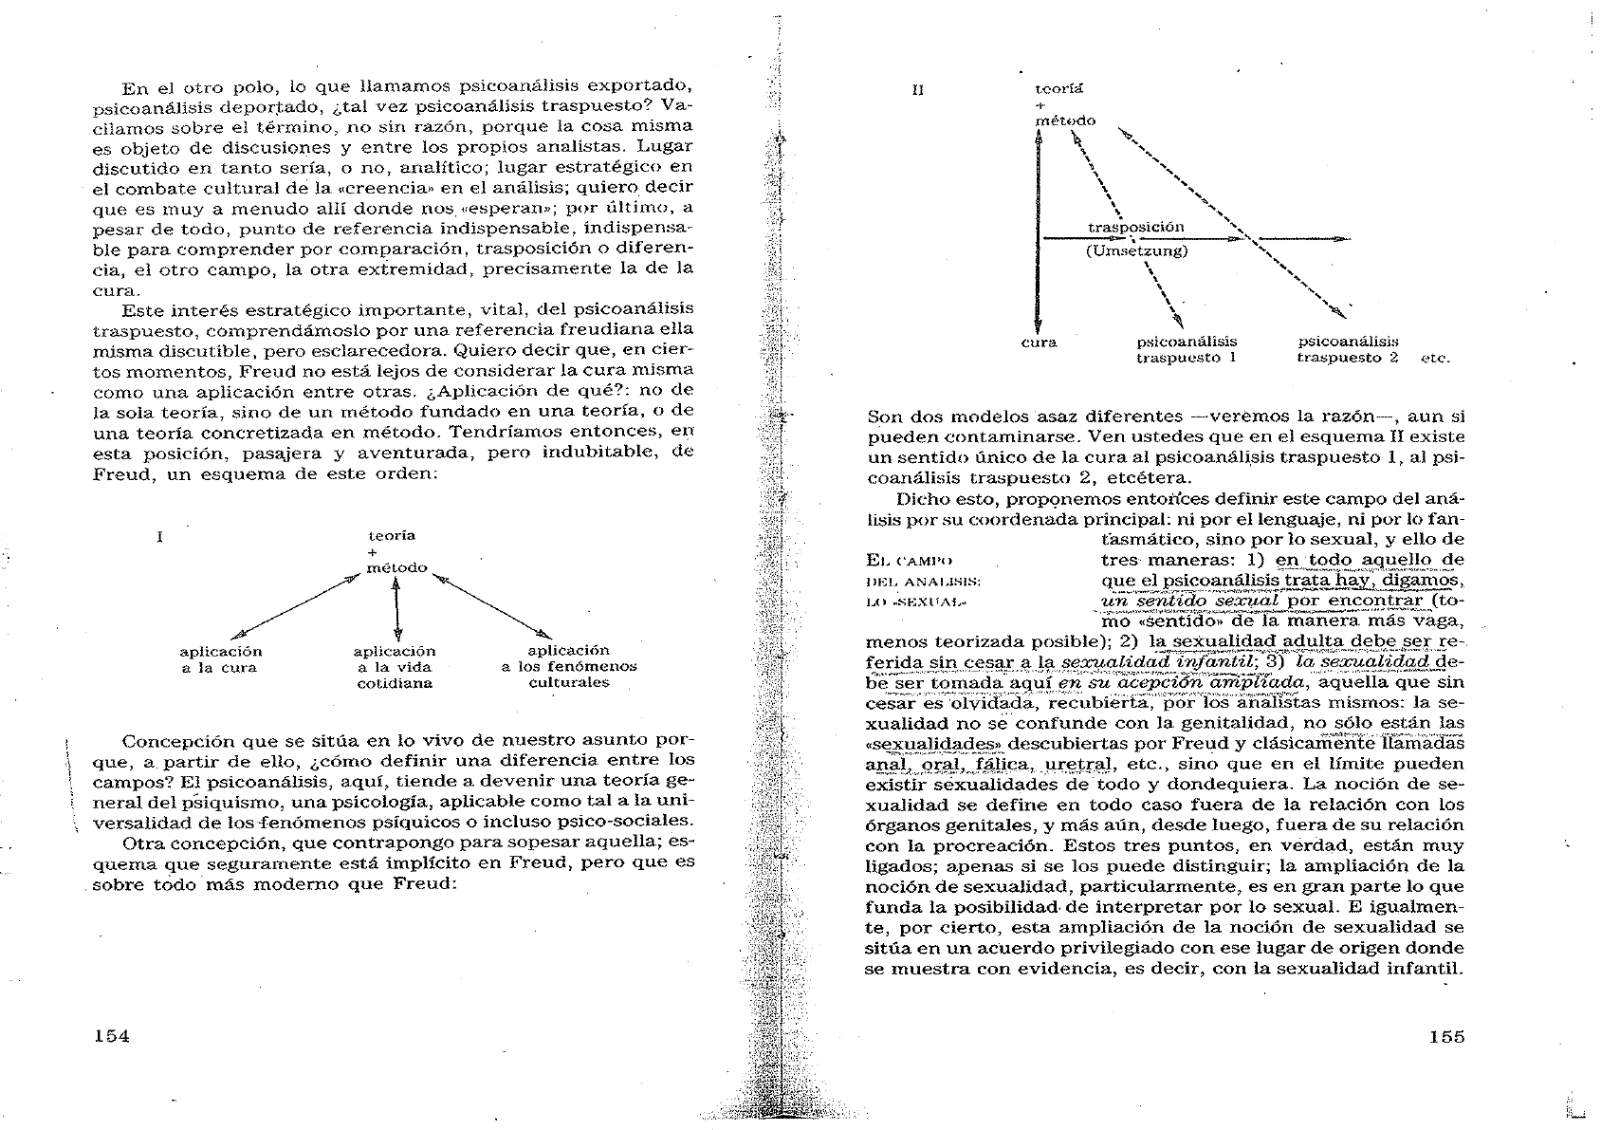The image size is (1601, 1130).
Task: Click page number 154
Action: [112, 1036]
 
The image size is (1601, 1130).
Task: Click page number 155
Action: [1445, 1036]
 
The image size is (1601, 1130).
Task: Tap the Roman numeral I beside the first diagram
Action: [160, 537]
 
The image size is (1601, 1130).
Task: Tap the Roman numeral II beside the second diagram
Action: [917, 91]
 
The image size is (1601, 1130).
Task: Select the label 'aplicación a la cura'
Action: [220, 659]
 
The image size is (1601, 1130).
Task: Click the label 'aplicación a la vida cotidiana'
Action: [395, 667]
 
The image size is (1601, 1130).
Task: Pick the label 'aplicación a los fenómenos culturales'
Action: [568, 667]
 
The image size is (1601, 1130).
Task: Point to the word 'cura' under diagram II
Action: [1039, 343]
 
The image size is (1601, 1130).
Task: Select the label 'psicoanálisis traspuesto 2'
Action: [1347, 350]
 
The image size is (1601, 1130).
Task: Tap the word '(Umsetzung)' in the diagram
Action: [1135, 251]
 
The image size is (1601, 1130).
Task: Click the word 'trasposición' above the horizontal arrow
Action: [1135, 228]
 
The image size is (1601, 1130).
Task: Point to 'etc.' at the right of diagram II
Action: [1436, 359]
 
